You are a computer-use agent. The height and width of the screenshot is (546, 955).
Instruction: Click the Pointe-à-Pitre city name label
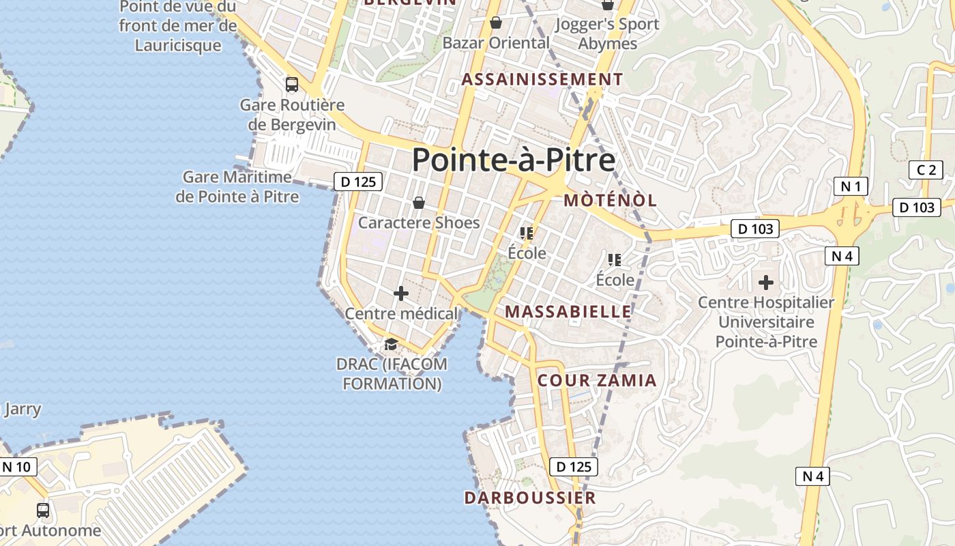point(514,160)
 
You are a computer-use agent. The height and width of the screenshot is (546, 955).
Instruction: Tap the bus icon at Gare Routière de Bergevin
point(292,85)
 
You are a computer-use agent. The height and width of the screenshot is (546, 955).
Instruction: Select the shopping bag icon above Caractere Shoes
point(419,203)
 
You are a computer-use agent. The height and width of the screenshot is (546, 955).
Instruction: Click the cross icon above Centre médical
point(401,293)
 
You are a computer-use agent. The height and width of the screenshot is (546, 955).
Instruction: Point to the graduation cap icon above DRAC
point(391,344)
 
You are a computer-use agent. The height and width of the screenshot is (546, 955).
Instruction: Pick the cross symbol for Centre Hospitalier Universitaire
point(766,282)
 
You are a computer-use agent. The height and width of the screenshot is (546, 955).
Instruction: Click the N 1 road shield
point(851,186)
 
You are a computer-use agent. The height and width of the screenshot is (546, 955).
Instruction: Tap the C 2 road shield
point(926,170)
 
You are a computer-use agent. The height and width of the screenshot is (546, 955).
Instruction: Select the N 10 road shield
point(17,467)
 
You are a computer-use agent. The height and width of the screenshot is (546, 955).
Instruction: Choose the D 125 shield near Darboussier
point(574,467)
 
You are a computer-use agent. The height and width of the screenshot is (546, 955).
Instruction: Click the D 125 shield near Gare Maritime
point(358,182)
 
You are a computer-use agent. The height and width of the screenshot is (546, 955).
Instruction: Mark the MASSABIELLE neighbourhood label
point(568,312)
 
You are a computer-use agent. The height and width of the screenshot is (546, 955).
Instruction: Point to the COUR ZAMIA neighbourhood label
point(597,381)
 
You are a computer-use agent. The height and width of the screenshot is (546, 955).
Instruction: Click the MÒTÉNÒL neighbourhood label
point(611,201)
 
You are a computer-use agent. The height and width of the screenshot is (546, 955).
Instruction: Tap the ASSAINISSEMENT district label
point(542,80)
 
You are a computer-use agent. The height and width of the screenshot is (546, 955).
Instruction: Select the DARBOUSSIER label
point(530,498)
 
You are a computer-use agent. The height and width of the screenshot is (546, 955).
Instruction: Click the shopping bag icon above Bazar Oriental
point(496,23)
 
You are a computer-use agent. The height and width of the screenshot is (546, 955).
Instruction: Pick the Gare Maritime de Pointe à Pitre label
point(237,187)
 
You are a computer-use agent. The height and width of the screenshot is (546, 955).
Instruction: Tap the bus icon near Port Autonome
point(42,510)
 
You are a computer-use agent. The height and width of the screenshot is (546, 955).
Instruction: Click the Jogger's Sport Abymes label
point(607,33)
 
